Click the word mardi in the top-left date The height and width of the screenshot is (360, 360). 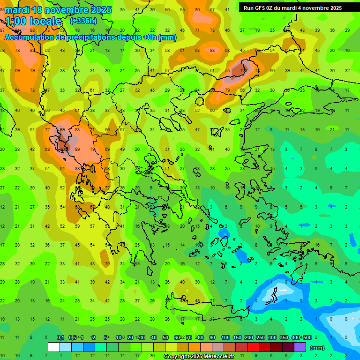pos(16,10)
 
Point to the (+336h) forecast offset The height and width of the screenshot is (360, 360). pos(84,21)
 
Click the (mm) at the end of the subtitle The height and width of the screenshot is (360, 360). pos(167,37)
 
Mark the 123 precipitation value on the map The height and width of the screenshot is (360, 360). pos(243,70)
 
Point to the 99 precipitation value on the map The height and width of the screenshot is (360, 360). pos(62,130)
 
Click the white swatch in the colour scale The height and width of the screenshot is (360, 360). pos(54,347)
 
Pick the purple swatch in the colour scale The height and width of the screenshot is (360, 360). pos(300,347)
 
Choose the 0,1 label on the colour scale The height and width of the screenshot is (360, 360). pos(60,337)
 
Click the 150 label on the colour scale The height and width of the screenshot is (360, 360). pos(237,337)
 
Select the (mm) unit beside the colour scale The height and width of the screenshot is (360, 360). pos(318,348)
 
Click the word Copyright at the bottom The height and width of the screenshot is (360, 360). pos(179,357)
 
